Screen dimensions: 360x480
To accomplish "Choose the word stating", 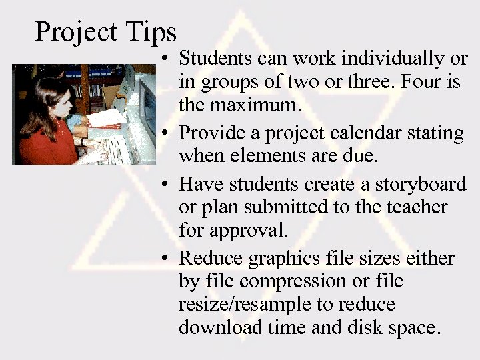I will [x=434, y=133].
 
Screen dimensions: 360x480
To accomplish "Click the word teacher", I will [x=415, y=207].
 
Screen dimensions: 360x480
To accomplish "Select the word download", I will [x=222, y=328].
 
